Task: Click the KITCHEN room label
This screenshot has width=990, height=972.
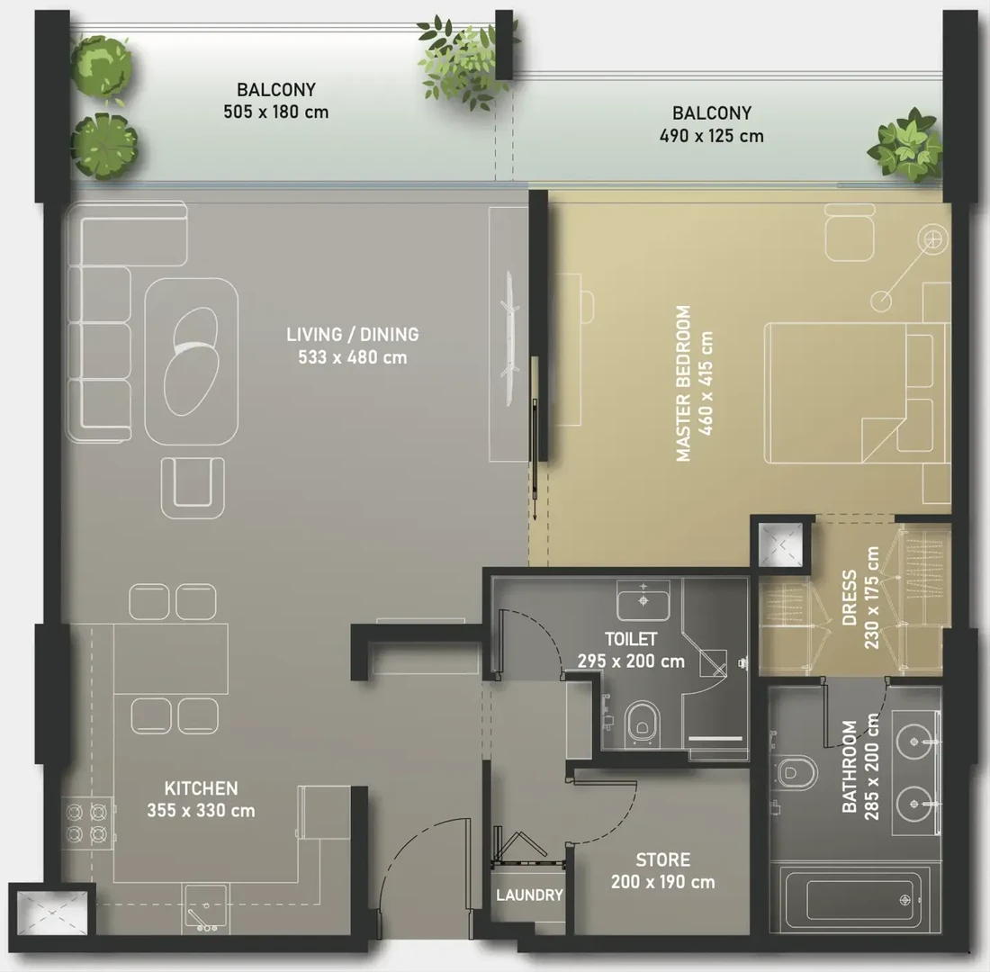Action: pos(201,788)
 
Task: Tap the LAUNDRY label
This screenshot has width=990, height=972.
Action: pos(529,895)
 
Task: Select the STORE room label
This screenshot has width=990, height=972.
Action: pos(663,859)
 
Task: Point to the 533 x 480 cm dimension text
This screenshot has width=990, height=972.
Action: pos(352,357)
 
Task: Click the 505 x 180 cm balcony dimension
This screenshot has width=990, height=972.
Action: pos(276,112)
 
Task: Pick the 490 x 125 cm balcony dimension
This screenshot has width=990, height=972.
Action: pos(712,136)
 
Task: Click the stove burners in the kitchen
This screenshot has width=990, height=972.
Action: pos(86,823)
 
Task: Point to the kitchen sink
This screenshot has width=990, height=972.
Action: pos(206,910)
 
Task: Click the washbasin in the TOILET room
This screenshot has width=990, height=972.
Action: pos(643,600)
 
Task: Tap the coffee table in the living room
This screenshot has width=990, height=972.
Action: pos(192,362)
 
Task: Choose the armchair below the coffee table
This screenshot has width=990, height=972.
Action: pos(193,488)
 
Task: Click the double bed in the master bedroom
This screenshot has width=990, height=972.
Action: pos(857,393)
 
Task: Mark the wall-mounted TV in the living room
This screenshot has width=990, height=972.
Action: pos(510,339)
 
